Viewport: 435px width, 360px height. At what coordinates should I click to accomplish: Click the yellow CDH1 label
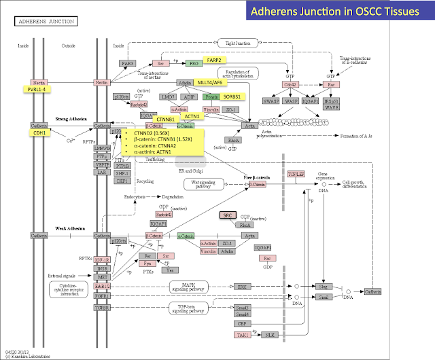[x=39, y=133]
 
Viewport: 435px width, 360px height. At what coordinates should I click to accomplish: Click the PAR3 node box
[x=127, y=63]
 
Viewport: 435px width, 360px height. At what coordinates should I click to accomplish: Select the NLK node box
[x=270, y=335]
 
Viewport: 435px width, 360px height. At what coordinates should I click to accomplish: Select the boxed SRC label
[x=227, y=215]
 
